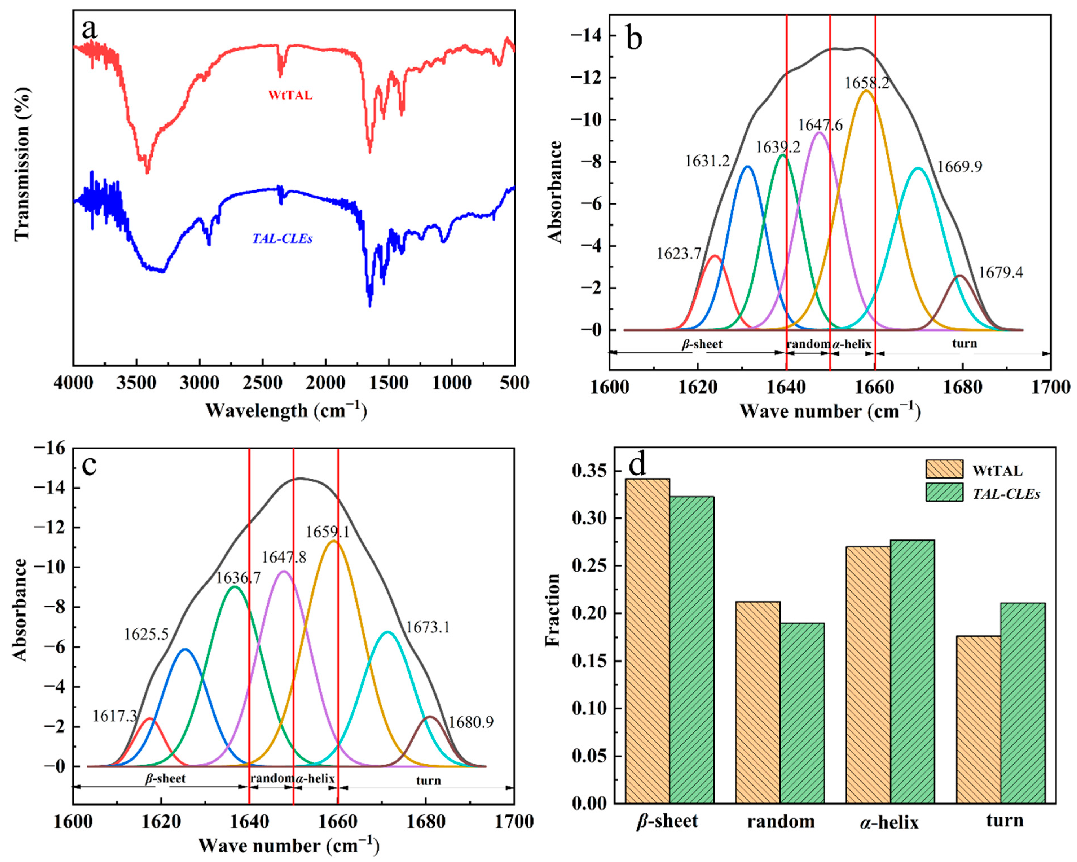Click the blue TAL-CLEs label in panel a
click(282, 239)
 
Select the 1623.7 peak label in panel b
click(679, 254)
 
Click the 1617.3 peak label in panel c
click(114, 716)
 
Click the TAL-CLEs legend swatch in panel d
click(944, 492)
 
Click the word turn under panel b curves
click(964, 343)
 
